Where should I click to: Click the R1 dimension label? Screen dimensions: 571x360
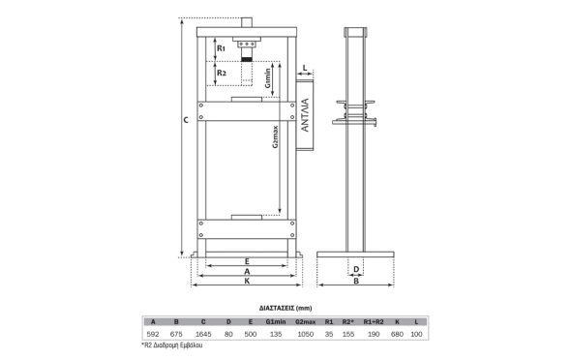point(222,48)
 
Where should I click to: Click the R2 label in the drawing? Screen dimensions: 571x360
point(222,73)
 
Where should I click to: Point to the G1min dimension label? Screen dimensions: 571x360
point(268,78)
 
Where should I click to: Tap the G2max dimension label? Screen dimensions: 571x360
point(276,136)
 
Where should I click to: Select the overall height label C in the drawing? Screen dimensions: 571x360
point(186,120)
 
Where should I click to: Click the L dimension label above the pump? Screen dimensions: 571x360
point(305,68)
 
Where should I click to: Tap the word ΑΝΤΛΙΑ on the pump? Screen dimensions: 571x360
point(305,114)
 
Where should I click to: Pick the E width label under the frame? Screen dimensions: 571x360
point(247,261)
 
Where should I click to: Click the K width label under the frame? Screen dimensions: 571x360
point(247,281)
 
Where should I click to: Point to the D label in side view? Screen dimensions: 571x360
point(356,269)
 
